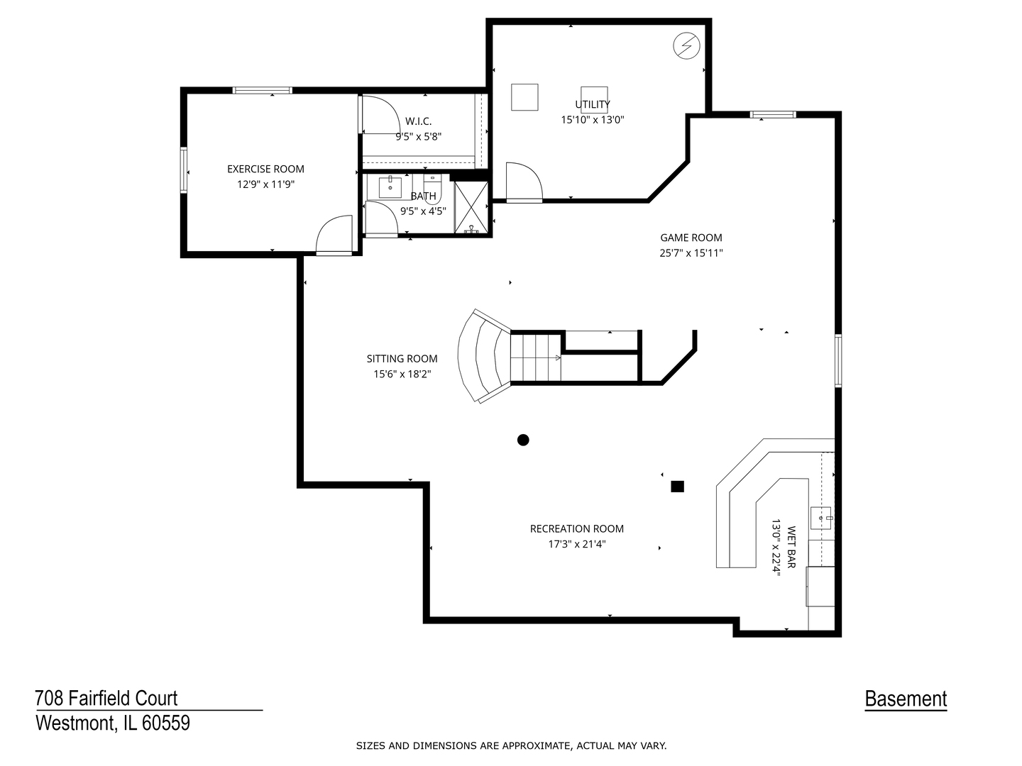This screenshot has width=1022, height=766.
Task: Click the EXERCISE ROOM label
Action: click(265, 169)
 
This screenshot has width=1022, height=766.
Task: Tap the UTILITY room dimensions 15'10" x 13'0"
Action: click(593, 120)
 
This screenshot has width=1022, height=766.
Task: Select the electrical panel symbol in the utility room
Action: click(686, 47)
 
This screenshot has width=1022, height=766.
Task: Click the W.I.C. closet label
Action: click(418, 121)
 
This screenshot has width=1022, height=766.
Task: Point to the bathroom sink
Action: click(390, 187)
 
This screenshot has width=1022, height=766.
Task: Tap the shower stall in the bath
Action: click(471, 208)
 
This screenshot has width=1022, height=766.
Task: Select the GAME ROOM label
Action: click(691, 238)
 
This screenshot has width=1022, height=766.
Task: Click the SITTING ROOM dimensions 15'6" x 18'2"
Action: click(402, 374)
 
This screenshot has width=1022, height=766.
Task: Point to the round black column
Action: click(523, 440)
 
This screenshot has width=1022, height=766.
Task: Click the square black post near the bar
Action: click(677, 487)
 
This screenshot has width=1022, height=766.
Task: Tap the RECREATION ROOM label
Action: click(576, 528)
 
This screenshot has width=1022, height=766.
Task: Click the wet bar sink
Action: click(822, 518)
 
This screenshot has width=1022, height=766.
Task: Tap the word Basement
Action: click(906, 699)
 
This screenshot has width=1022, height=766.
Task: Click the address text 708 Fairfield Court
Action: click(106, 699)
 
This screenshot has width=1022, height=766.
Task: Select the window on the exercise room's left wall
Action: click(183, 170)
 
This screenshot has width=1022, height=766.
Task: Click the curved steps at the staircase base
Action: click(483, 356)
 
